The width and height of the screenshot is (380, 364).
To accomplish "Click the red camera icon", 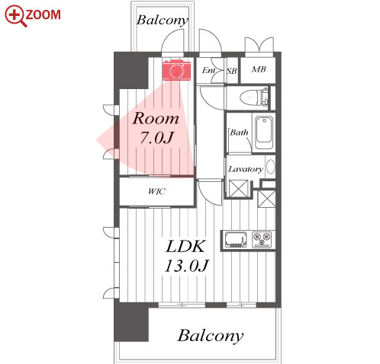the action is [x=176, y=70].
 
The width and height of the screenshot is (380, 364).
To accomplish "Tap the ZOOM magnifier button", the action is [x=33, y=15].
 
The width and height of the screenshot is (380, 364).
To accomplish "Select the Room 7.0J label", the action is [x=156, y=128].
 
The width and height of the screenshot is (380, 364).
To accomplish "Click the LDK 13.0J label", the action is [x=186, y=257].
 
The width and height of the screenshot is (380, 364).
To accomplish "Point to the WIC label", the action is [x=156, y=191].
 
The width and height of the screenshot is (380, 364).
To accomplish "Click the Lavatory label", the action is [x=245, y=169].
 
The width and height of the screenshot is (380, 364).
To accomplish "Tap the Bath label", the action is [x=239, y=133].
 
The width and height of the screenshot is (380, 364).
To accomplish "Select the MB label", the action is [x=259, y=69].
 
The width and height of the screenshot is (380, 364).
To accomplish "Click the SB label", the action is [x=232, y=71].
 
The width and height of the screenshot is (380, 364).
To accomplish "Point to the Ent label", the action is [x=208, y=70].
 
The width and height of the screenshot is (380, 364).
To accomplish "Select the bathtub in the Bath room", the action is [x=264, y=133].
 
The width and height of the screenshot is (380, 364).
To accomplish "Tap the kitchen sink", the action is [x=236, y=239].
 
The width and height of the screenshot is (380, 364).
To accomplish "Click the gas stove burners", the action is [x=262, y=239].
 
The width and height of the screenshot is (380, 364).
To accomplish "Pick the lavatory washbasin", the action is [x=271, y=167].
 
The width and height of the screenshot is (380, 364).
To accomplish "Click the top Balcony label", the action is [x=163, y=20].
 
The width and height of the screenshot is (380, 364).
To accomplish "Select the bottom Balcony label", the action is [x=210, y=336].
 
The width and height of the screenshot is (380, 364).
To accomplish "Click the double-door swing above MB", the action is [x=259, y=45].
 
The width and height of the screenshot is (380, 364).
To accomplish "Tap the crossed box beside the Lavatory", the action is [x=239, y=188].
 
